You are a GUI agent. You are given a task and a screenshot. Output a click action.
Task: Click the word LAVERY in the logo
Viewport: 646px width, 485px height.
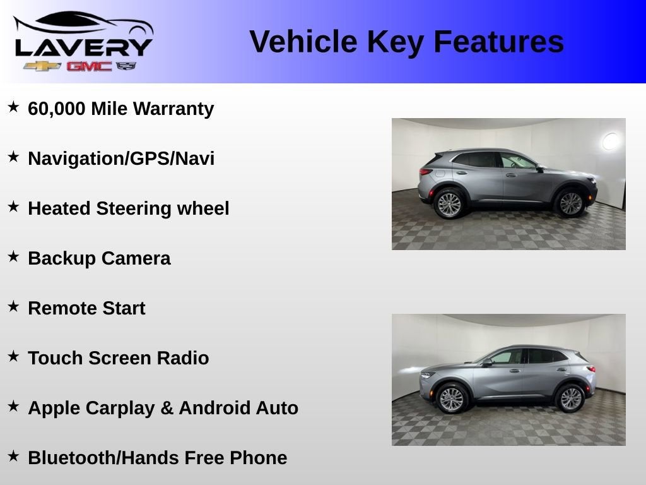click(83, 47)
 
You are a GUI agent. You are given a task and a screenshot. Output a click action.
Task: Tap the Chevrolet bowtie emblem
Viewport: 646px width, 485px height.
click(42, 66)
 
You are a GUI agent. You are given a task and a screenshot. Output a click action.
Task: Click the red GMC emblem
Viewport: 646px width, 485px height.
click(89, 66)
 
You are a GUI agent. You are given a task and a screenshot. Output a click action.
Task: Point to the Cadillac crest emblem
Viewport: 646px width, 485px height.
click(126, 66)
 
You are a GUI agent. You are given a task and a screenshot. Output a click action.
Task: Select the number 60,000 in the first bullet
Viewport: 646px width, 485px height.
click(57, 109)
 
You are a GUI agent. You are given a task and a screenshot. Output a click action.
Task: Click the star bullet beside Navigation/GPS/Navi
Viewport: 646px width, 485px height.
click(13, 157)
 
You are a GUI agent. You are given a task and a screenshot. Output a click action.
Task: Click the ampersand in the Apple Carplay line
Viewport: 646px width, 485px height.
click(167, 408)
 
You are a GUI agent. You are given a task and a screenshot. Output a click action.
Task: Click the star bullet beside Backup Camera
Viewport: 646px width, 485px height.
click(13, 257)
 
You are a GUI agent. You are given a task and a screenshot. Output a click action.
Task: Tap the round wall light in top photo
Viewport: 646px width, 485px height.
click(610, 141)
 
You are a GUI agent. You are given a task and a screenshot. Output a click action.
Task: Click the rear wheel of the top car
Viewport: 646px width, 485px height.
click(449, 204)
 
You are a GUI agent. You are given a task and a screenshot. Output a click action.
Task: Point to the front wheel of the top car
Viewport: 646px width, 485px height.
click(570, 203)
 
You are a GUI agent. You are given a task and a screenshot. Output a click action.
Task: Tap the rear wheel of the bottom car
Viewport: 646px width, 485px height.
click(570, 398)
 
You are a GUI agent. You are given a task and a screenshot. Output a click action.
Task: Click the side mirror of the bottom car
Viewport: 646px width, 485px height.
click(486, 362)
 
